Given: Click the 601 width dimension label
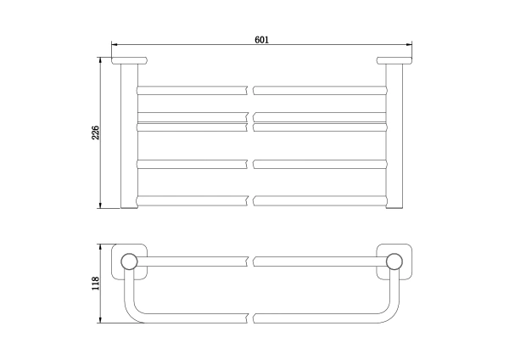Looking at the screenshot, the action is (261, 40).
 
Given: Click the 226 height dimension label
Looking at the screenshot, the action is (95, 132).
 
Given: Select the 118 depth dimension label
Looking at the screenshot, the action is (95, 284).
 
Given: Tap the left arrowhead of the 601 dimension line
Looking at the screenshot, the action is (115, 44).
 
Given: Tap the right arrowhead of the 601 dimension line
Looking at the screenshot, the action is (409, 44).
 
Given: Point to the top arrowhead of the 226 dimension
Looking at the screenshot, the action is (100, 60).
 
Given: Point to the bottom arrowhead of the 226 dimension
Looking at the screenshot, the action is (100, 205).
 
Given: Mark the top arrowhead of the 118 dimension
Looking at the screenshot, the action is (100, 247).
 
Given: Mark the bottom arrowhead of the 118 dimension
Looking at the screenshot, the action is (100, 320).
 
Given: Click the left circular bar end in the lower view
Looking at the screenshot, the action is (129, 262).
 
